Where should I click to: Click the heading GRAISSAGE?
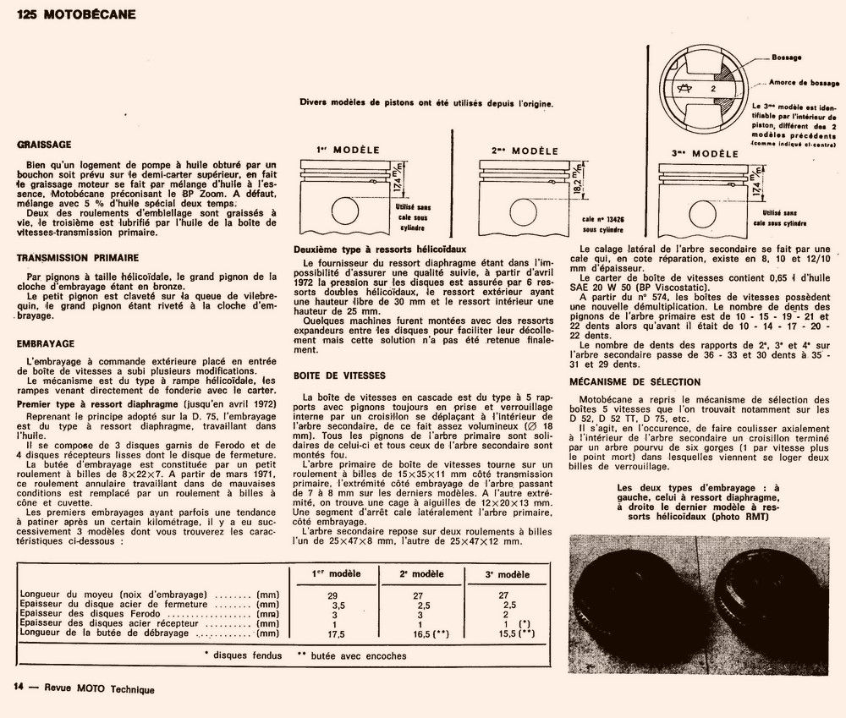click(x=44, y=145)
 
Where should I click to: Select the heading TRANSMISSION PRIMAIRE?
click(x=78, y=257)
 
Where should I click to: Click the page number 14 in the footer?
click(x=17, y=688)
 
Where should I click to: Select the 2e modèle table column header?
click(x=415, y=574)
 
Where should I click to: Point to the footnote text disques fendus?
click(x=243, y=655)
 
